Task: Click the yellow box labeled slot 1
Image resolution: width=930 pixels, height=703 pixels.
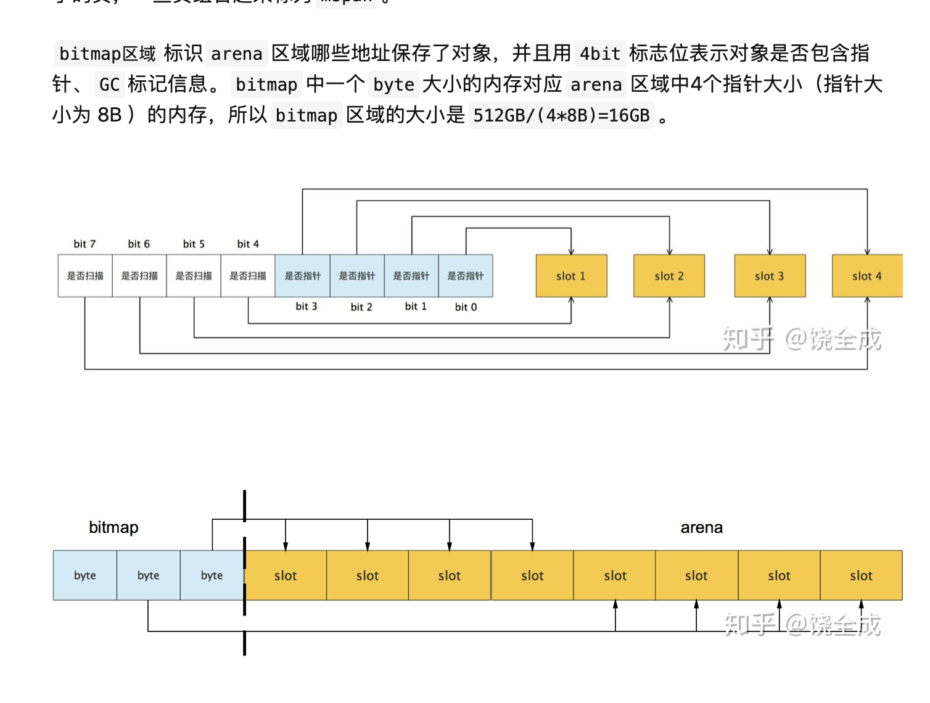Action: click(571, 276)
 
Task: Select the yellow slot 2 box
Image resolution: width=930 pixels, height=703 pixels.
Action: click(669, 276)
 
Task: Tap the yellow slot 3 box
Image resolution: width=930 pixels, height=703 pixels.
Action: click(770, 276)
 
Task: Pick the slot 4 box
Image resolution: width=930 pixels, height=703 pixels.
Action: click(866, 276)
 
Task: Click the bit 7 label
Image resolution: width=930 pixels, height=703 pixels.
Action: click(84, 244)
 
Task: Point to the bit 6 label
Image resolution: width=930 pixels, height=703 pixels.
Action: click(139, 244)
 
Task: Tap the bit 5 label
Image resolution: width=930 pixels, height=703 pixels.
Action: click(194, 244)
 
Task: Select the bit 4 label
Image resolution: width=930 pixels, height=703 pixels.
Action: click(248, 244)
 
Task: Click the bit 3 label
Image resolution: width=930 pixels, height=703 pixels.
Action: click(307, 306)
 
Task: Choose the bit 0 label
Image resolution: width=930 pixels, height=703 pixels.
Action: click(466, 306)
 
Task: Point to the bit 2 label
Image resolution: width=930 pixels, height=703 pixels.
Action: click(361, 306)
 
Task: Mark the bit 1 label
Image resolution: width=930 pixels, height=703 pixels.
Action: click(416, 306)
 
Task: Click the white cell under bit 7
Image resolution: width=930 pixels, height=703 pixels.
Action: click(85, 276)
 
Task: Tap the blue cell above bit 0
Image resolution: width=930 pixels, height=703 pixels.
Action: click(466, 276)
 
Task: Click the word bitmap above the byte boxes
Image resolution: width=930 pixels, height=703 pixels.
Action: click(113, 527)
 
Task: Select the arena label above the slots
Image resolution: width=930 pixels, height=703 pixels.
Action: click(701, 527)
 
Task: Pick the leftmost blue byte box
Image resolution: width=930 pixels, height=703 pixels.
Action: click(85, 575)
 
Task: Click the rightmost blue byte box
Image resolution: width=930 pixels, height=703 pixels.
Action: click(212, 575)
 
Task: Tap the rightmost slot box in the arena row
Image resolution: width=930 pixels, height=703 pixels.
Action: click(861, 575)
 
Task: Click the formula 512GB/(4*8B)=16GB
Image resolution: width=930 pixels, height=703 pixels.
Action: click(561, 115)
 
